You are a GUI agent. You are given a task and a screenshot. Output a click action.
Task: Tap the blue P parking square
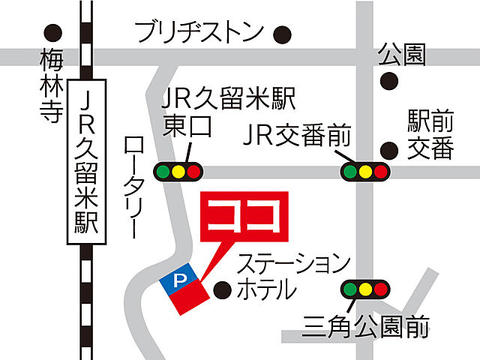(178, 280)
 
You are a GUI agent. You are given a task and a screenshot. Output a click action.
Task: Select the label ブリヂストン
(199, 32)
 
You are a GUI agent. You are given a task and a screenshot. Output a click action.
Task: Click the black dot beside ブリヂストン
(282, 34)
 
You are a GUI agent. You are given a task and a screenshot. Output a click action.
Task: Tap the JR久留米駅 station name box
(88, 162)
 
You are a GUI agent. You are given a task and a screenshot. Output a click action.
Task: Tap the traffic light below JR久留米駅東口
(178, 172)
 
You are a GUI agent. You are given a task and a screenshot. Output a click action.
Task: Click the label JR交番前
(298, 137)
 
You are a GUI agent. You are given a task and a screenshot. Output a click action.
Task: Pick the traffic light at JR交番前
(365, 172)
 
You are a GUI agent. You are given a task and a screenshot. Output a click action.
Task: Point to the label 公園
(402, 54)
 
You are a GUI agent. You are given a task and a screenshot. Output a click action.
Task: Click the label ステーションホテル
(293, 277)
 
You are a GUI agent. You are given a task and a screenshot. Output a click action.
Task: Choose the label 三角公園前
(366, 328)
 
